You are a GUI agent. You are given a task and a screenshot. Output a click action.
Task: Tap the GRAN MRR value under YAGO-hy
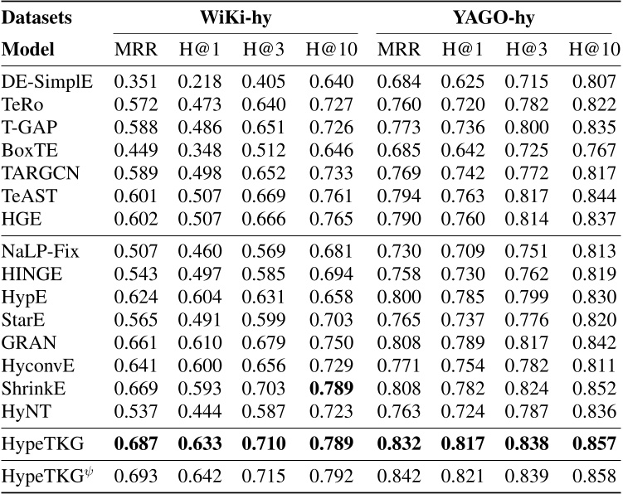pyautogui.click(x=398, y=340)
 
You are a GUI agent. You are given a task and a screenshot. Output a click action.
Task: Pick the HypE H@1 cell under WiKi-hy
pyautogui.click(x=197, y=296)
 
